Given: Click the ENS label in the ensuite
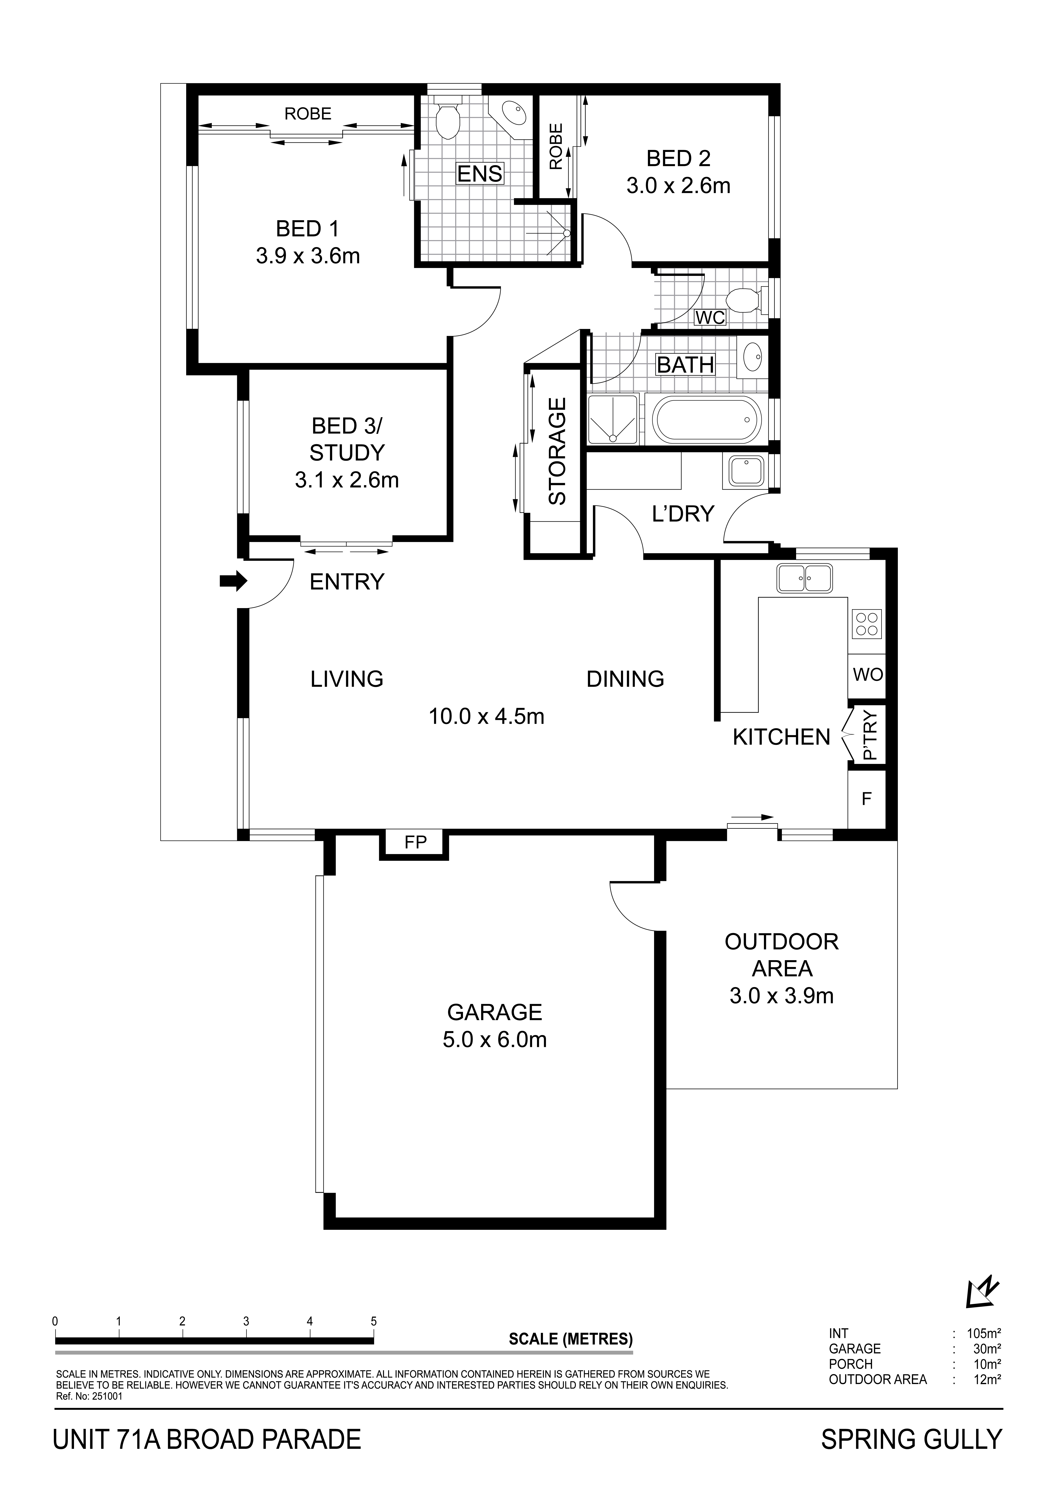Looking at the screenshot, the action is point(479,173).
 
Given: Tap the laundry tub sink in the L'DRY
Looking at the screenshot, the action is point(744,470).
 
